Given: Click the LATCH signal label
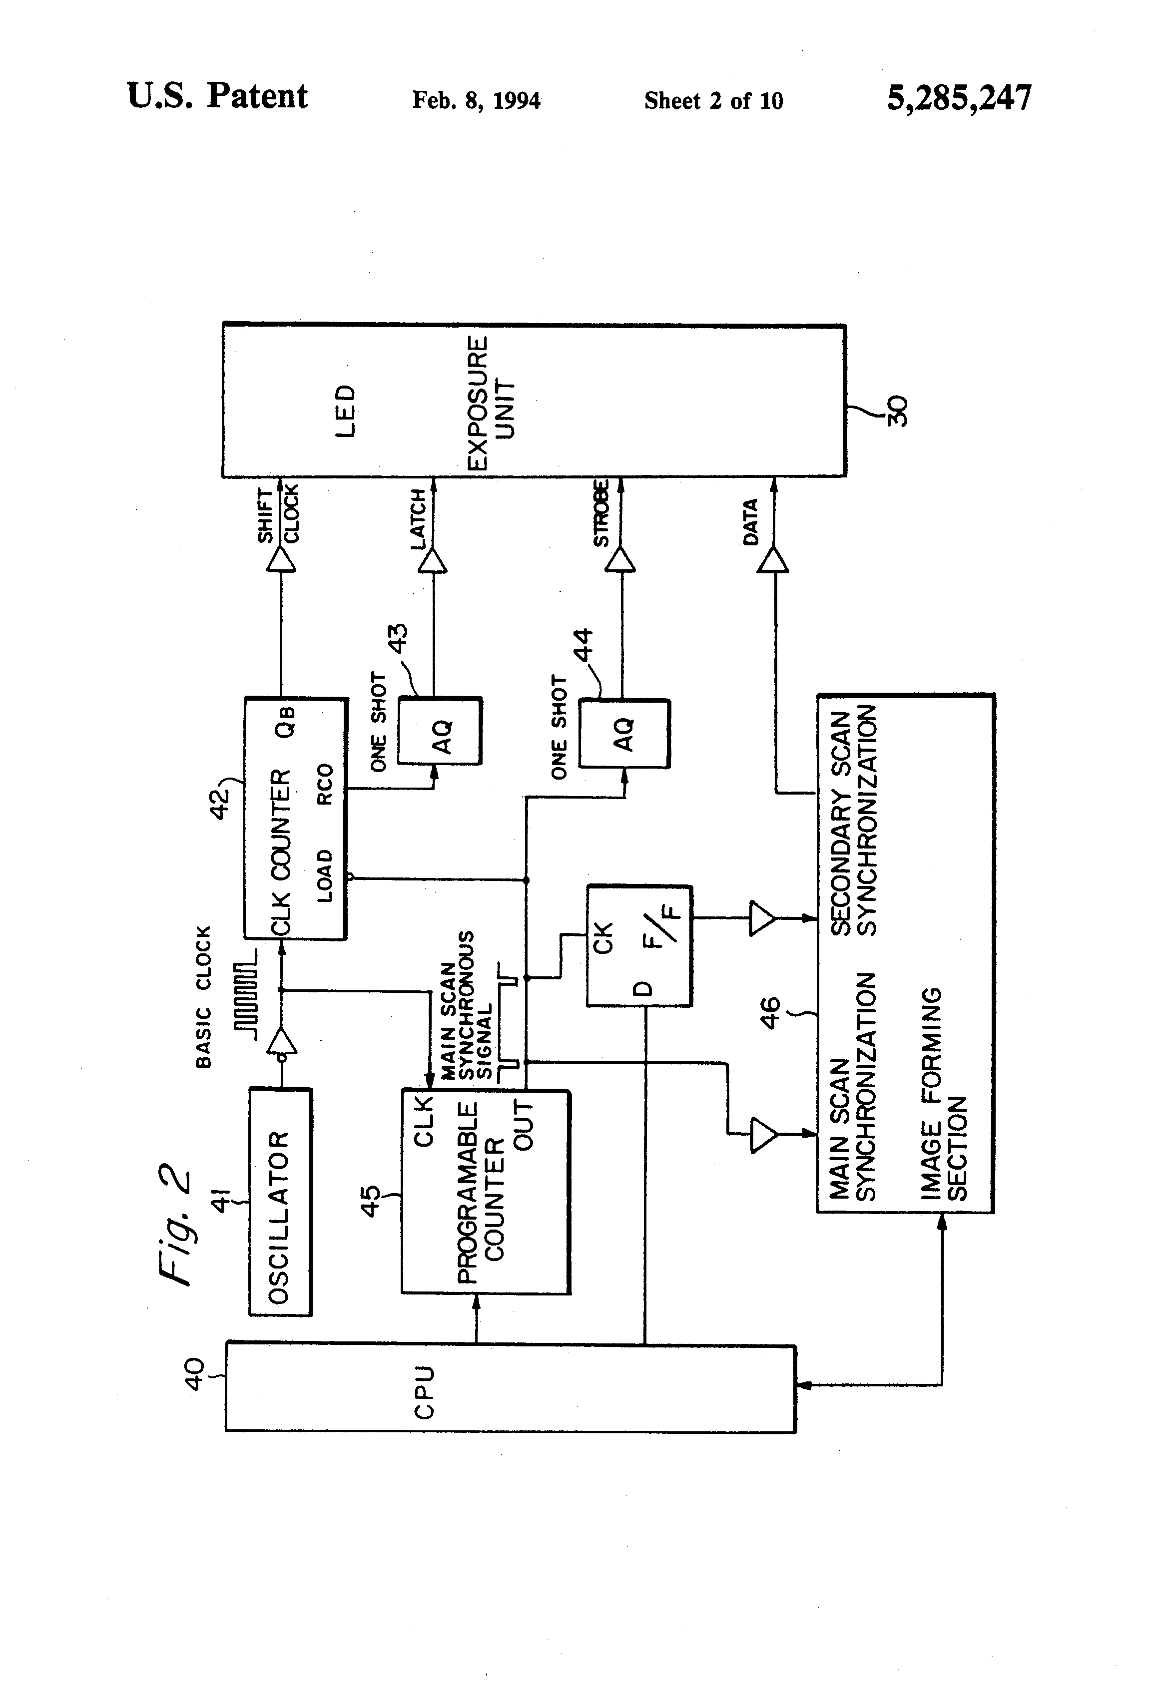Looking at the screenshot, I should pos(418,518).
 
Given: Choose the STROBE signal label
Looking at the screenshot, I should pos(601,513).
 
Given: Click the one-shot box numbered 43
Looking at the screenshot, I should pos(440,732).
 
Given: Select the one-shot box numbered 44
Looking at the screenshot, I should pos(623,734).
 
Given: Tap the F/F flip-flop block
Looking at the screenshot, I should pos(639,945).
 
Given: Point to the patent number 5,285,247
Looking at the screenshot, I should pos(959,97).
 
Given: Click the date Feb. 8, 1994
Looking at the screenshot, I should pos(476,100).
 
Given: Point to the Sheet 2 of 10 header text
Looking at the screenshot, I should pos(713,101).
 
